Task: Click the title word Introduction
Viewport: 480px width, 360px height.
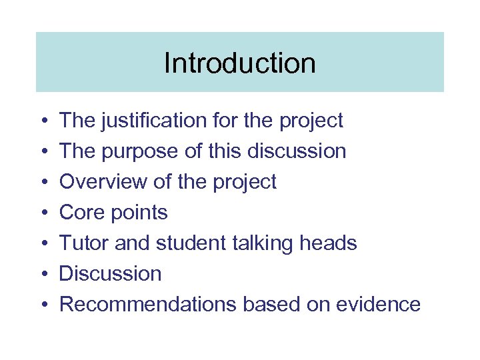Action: click(x=239, y=63)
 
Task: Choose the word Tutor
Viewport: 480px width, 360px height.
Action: click(x=84, y=243)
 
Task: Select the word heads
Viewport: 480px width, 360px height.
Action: click(x=329, y=243)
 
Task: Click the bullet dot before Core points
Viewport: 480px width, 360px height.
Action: click(x=42, y=213)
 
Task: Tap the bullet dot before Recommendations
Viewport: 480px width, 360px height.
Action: click(x=42, y=305)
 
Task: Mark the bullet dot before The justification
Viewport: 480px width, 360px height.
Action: click(x=42, y=121)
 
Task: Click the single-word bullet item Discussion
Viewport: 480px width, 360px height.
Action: click(x=110, y=274)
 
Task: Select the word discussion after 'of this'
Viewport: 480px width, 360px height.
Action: click(x=297, y=151)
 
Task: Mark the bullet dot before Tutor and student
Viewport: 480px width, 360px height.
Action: click(x=42, y=244)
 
